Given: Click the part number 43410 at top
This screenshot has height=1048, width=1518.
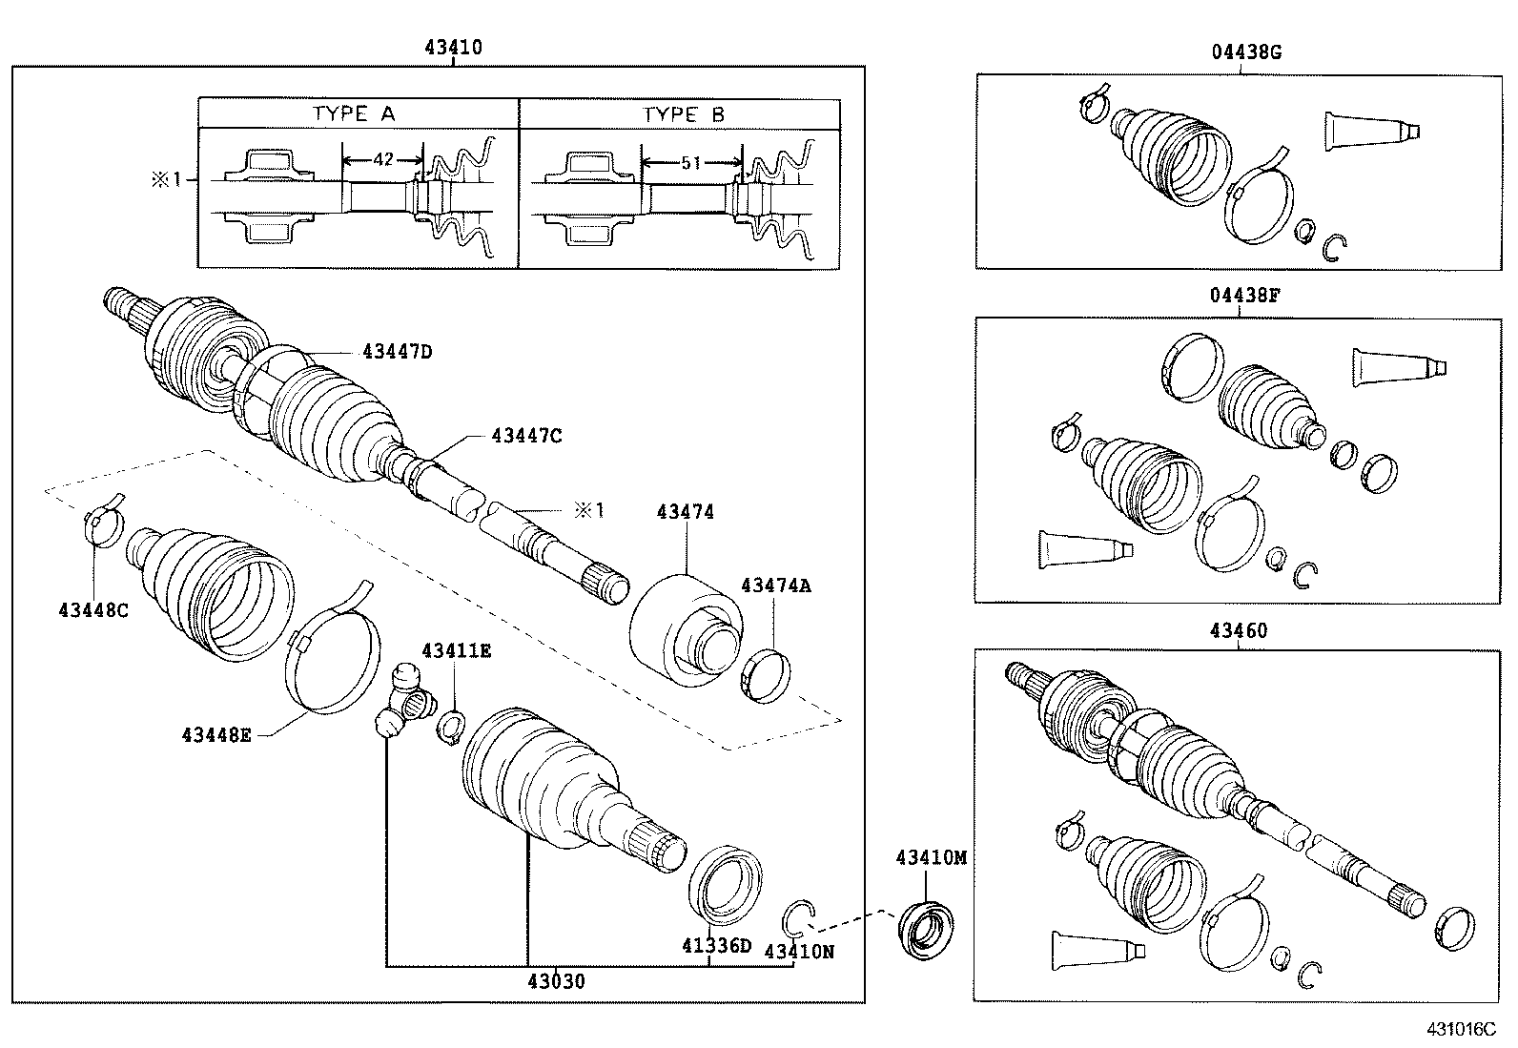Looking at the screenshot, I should [x=453, y=47].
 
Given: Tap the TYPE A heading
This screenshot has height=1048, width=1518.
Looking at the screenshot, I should [x=354, y=114].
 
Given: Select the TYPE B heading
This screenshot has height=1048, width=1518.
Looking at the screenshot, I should [x=684, y=114].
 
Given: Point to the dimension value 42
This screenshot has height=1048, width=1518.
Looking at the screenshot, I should [x=382, y=159].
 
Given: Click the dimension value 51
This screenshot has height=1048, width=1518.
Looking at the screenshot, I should [x=691, y=163].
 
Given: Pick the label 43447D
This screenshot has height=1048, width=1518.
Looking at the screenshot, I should [x=398, y=352].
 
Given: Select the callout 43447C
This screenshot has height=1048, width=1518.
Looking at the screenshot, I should [x=526, y=436].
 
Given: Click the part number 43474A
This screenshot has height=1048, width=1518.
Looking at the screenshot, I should [x=776, y=586].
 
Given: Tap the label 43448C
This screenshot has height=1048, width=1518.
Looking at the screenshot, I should [x=92, y=609].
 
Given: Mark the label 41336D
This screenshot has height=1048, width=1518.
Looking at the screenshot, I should [x=716, y=946].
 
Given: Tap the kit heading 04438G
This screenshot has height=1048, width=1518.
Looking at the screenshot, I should [x=1245, y=52].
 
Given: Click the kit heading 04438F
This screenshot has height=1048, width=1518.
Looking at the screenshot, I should [x=1245, y=295].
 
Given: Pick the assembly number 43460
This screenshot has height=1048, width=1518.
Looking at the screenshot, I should [x=1239, y=630].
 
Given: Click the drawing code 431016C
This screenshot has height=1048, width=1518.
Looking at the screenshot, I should [x=1461, y=1029].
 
